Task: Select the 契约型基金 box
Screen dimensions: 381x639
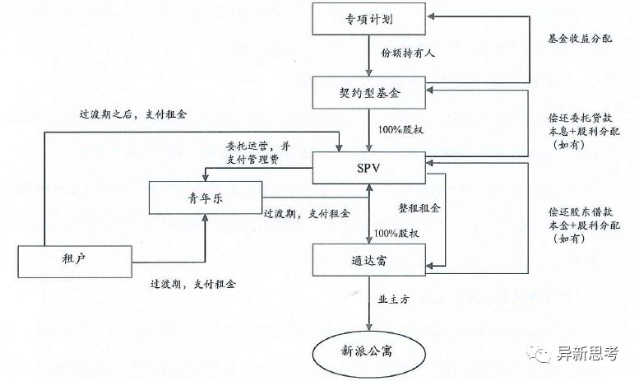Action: pos(369,95)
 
